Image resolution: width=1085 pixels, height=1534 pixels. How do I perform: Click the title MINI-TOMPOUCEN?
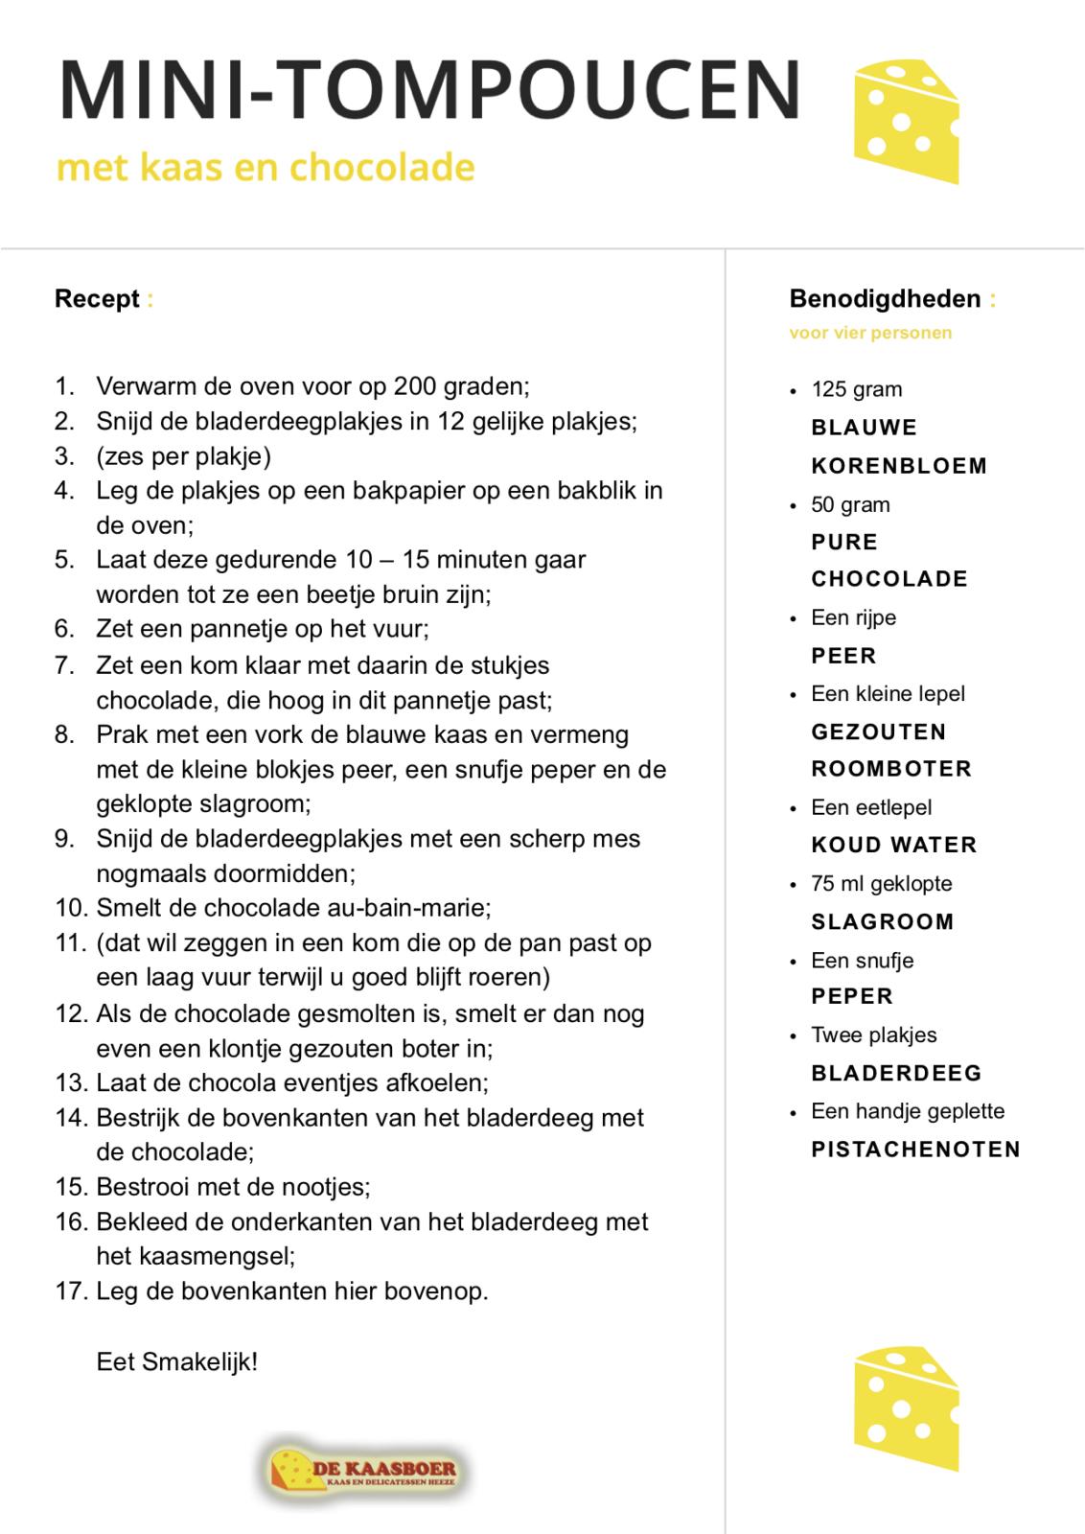429,88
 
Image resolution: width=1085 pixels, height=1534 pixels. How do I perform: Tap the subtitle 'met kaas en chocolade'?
265,168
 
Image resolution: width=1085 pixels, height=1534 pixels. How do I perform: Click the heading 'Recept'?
97,299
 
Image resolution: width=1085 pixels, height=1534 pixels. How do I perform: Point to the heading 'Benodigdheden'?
885,299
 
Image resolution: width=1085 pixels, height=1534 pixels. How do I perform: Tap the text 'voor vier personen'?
870,334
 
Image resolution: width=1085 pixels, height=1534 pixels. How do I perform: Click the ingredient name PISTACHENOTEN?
915,1150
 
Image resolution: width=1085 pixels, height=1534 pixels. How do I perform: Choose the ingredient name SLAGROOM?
883,922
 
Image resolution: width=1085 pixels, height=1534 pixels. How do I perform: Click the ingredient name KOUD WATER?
893,846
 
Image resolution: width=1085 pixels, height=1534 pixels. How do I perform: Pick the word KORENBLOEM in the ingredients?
899,467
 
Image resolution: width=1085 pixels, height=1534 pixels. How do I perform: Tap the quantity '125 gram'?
856,390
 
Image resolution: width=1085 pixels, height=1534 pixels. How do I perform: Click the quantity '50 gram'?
850,505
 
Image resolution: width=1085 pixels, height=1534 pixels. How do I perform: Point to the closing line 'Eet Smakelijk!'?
177,1361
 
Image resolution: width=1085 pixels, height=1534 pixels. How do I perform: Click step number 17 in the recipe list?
71,1290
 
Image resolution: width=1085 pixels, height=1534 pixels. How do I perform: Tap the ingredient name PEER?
843,657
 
